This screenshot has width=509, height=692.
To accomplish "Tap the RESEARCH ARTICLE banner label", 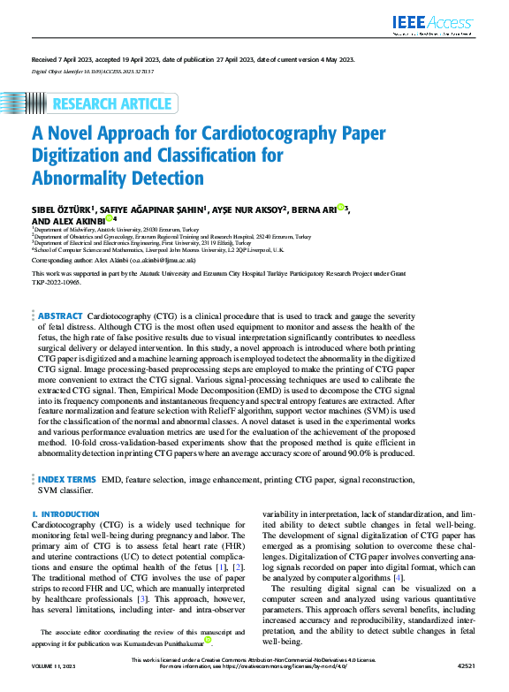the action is coord(111,105).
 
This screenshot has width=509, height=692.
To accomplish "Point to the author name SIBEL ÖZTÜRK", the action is coord(60,209).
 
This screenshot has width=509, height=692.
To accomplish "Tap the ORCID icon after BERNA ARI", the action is coord(340,209).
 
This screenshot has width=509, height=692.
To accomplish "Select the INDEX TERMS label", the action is coord(67,478).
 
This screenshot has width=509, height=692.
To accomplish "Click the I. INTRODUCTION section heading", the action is coord(65,514).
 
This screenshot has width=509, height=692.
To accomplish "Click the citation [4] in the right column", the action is coord(399,577).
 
